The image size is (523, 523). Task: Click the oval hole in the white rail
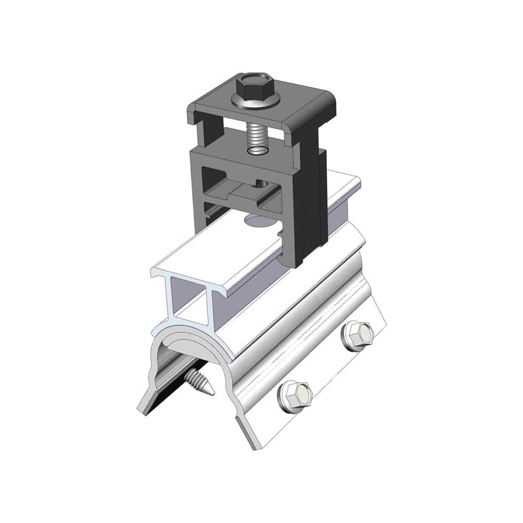coord(258,222)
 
